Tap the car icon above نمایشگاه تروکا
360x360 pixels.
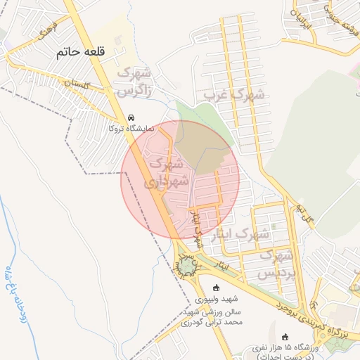pyautogui.click(x=130, y=117)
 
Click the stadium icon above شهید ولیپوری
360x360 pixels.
pyautogui.click(x=216, y=287)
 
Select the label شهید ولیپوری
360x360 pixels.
pyautogui.click(x=216, y=298)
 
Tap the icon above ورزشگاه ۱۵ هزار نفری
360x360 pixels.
pyautogui.click(x=285, y=336)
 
